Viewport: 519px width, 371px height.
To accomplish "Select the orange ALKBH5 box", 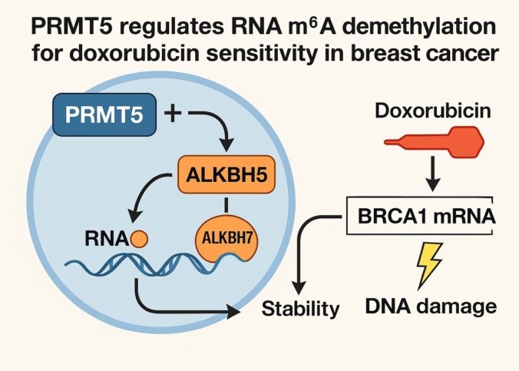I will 224,175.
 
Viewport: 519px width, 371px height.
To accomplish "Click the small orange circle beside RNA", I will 139,240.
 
